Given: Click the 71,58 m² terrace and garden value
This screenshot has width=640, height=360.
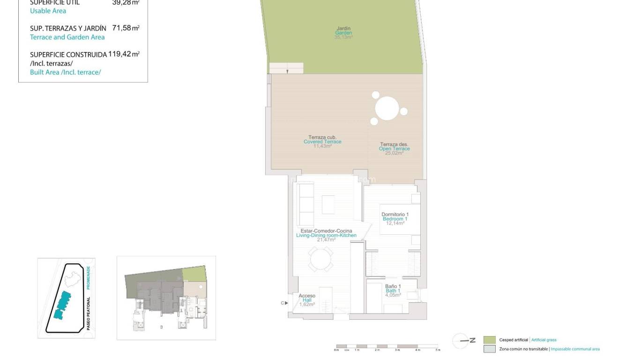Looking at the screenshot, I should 126,28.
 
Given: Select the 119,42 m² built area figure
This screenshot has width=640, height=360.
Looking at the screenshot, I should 124,54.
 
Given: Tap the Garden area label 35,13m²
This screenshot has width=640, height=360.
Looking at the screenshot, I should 343,37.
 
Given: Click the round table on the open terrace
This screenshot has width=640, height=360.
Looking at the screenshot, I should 387,108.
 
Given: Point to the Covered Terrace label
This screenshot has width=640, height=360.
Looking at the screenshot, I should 322,142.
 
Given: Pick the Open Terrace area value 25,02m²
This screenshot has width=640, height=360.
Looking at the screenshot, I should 394,153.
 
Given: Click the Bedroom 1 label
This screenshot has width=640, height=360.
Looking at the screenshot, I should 395,219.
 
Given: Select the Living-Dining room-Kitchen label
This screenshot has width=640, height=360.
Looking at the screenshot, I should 326,235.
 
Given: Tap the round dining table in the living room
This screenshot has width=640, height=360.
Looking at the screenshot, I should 320,259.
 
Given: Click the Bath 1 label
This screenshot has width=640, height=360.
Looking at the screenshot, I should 393,291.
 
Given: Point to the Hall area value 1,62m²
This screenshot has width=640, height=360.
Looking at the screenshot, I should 307,305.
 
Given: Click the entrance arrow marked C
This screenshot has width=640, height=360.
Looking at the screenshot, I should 284,303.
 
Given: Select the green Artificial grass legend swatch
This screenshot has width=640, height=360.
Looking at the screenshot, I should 489,340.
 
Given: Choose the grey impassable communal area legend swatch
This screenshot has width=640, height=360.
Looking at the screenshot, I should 489,349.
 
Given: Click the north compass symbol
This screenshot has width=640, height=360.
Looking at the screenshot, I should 461,341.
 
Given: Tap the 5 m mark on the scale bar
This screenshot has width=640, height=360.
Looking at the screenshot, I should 438,350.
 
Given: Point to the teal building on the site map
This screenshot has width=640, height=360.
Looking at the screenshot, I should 62,305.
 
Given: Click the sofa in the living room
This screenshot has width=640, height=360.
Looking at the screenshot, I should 306,205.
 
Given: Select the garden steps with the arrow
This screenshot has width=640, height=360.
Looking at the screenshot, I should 286,68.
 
